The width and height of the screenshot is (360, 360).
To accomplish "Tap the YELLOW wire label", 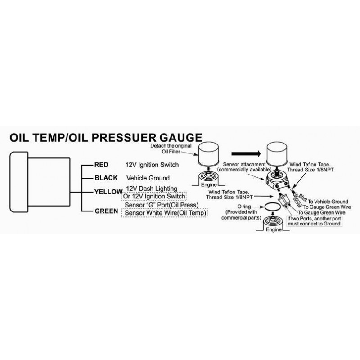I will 108,192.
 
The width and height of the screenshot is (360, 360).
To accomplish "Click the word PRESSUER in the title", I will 138,138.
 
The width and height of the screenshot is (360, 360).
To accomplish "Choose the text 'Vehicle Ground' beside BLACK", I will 148,178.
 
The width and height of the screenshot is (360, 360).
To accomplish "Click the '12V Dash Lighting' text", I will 151,188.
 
